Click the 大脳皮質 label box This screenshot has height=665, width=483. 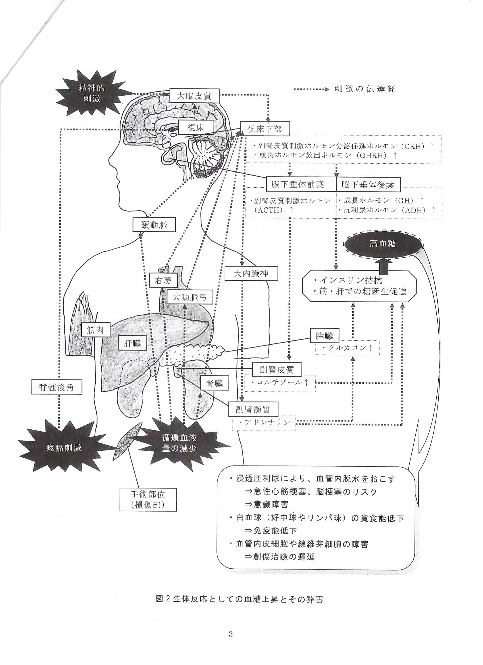[x=194, y=95]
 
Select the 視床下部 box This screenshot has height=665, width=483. [x=265, y=129]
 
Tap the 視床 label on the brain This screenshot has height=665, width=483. [x=195, y=127]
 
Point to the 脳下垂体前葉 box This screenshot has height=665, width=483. [x=297, y=184]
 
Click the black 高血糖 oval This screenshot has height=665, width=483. [x=383, y=244]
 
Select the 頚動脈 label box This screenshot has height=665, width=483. [x=154, y=225]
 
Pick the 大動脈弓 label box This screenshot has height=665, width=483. [x=189, y=297]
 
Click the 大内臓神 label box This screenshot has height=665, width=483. [x=251, y=274]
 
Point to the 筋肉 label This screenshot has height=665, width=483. [x=95, y=330]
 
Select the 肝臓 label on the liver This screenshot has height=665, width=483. [x=132, y=343]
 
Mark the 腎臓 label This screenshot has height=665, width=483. [x=215, y=383]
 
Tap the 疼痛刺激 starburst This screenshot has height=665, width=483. [x=64, y=448]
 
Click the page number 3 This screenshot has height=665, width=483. [x=231, y=633]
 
